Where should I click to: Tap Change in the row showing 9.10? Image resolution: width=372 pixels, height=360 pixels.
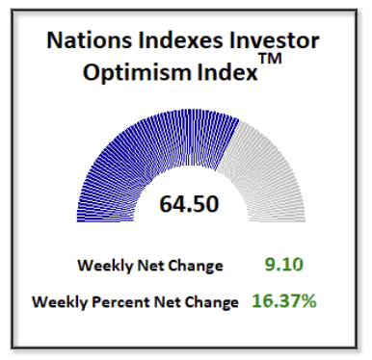click(197, 266)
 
